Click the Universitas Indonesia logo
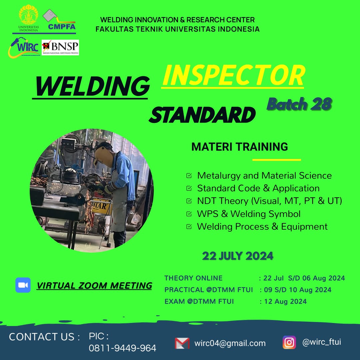28,18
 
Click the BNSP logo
60,47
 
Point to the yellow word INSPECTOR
234,75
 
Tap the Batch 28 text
299,104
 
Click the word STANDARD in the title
202,115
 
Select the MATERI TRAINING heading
239,147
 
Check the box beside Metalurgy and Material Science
189,176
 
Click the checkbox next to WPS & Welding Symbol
189,214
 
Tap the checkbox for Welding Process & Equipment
189,227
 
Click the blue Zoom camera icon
23,285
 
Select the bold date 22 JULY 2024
238,256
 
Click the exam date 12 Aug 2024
285,301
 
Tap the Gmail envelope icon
182,343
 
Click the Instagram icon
289,342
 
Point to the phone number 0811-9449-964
123,348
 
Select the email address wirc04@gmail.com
230,343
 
